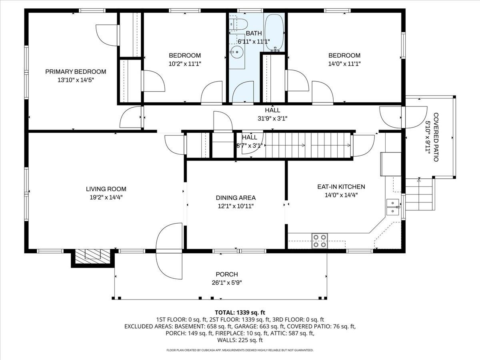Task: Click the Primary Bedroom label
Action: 76,72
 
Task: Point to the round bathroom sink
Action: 237,52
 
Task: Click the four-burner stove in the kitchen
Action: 320,241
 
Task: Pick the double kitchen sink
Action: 393,207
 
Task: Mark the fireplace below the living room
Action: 93,256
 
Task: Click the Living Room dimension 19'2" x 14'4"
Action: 106,197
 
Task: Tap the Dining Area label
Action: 236,198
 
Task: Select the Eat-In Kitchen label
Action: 341,186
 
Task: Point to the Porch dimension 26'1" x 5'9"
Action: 226,282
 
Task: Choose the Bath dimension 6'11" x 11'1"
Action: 254,41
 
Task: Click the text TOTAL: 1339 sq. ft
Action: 240,312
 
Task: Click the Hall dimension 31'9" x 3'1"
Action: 272,118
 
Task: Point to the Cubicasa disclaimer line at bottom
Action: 240,350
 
